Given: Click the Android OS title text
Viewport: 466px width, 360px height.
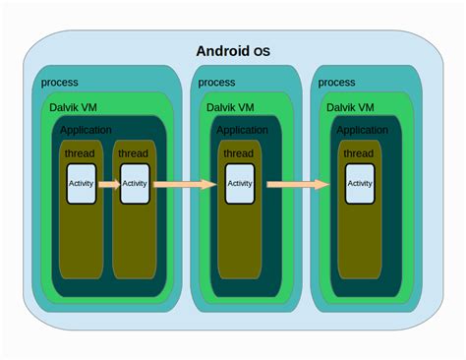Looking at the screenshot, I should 234,51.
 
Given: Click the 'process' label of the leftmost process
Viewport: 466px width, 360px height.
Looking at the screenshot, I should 60,83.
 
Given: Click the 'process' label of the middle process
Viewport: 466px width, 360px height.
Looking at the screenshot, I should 216,83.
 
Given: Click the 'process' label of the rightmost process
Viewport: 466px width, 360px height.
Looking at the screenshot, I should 336,83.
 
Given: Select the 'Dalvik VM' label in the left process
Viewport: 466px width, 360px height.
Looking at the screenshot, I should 74,107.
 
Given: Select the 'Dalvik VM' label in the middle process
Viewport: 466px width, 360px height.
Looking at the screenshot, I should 230,107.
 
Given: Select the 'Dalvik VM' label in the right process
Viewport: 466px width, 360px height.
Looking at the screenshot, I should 350,107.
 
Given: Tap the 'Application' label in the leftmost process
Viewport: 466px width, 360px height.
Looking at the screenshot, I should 86,130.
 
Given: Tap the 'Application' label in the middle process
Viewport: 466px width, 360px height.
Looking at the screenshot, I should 242,130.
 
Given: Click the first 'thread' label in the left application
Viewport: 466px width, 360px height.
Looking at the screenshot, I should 80,154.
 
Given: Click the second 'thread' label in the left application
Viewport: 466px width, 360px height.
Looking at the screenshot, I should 133,154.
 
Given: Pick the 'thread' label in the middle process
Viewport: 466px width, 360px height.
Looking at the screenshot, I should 238,154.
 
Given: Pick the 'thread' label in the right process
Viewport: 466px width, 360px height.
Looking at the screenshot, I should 358,154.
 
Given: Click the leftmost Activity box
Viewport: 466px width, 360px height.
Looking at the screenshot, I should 82,183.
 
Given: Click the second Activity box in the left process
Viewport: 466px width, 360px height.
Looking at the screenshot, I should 135,183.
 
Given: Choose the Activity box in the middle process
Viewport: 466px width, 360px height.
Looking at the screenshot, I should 239,183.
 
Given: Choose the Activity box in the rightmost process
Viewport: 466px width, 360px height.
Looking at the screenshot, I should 360,183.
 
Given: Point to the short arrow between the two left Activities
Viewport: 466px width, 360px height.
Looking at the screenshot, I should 108,183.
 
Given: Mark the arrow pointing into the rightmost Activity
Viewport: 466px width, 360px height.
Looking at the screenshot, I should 298,183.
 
